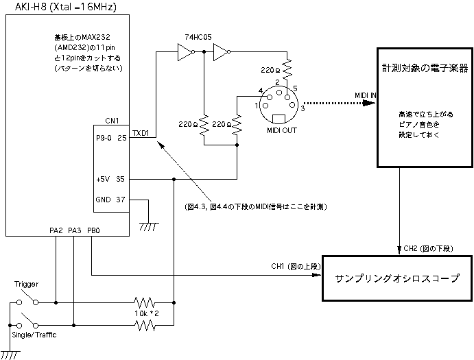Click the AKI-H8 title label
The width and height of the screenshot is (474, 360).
(x=60, y=7)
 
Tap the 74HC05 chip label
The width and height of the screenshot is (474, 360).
(x=198, y=36)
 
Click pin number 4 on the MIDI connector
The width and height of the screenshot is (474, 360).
(x=261, y=91)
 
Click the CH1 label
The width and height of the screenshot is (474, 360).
(x=277, y=266)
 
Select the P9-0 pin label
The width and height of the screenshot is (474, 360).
(x=105, y=138)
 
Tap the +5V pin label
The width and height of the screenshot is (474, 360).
(x=104, y=180)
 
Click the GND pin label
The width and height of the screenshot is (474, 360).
(x=103, y=200)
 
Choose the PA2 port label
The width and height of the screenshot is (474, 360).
(x=56, y=231)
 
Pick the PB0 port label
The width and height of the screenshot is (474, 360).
(x=94, y=231)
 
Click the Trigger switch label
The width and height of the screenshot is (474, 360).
(x=26, y=283)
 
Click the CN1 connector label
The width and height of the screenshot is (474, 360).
(x=113, y=121)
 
